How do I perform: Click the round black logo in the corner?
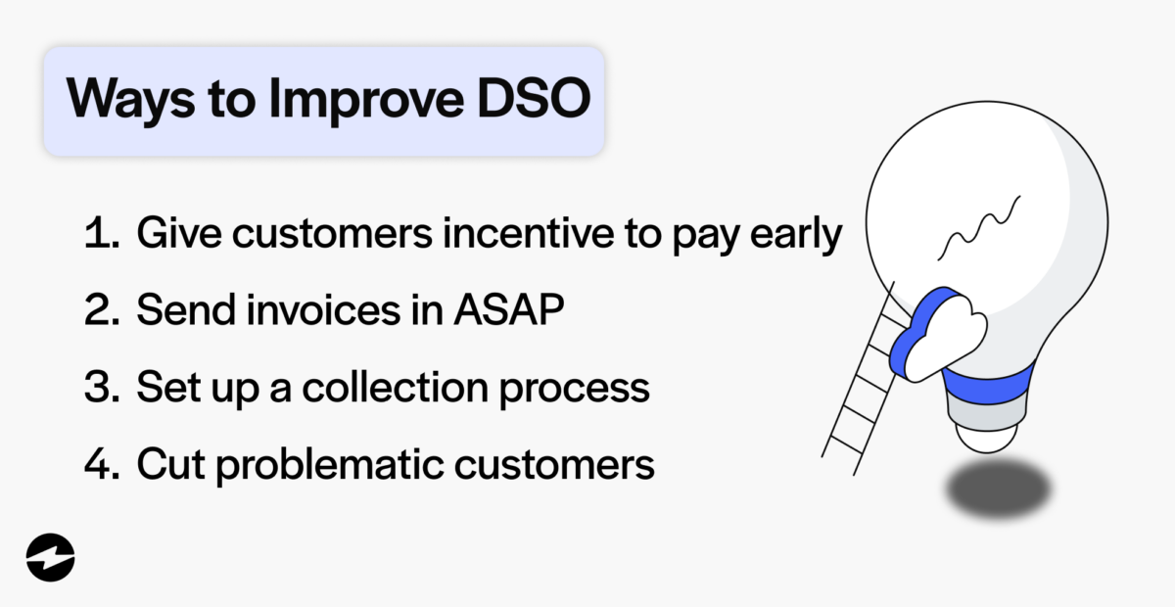tap(51, 558)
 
